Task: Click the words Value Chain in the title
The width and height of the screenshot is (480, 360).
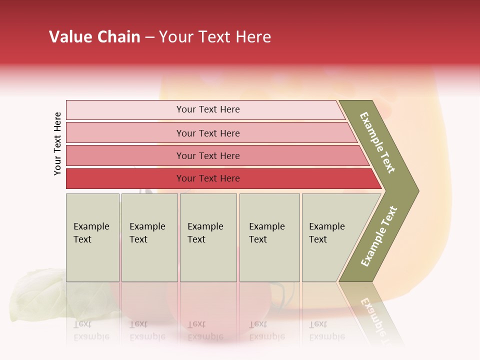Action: [94, 37]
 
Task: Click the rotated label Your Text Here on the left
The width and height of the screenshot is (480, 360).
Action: [57, 143]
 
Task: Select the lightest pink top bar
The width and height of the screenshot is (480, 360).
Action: [207, 109]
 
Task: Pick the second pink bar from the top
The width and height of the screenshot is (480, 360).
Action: [207, 133]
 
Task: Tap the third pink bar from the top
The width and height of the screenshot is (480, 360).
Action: [207, 155]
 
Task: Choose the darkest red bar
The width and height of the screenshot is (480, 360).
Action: [207, 178]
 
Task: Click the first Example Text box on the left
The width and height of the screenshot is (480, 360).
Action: [92, 237]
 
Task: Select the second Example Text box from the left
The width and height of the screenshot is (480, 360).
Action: [149, 237]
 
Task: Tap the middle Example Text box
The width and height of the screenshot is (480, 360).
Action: [208, 237]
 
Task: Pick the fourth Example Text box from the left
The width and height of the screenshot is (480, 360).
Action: [269, 237]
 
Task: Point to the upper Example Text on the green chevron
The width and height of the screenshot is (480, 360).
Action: [377, 143]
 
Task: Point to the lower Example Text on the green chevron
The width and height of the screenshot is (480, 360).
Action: [379, 236]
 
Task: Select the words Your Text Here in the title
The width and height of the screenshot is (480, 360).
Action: [214, 37]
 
